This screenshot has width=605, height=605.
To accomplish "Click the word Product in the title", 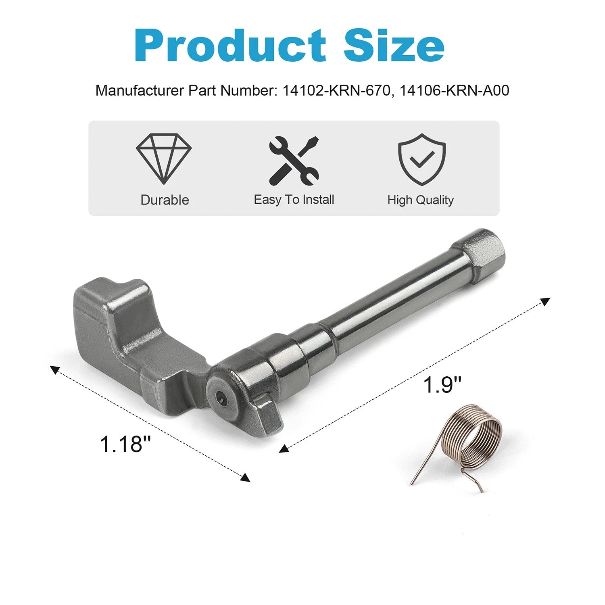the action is coord(230,45).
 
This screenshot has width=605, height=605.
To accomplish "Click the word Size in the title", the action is coord(394,45).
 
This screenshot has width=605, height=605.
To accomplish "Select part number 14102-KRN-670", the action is coord(336,90).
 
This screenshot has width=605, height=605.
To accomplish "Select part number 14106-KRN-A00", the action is coord(455,90).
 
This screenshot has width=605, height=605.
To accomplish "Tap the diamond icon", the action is coord(164,159).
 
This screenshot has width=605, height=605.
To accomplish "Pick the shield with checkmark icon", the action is coord(422,159).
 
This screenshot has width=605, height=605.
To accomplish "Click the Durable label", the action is coord(165,200).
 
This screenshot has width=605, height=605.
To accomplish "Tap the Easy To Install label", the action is coord(294,200).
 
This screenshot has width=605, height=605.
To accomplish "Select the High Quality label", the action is coord(421,200).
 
